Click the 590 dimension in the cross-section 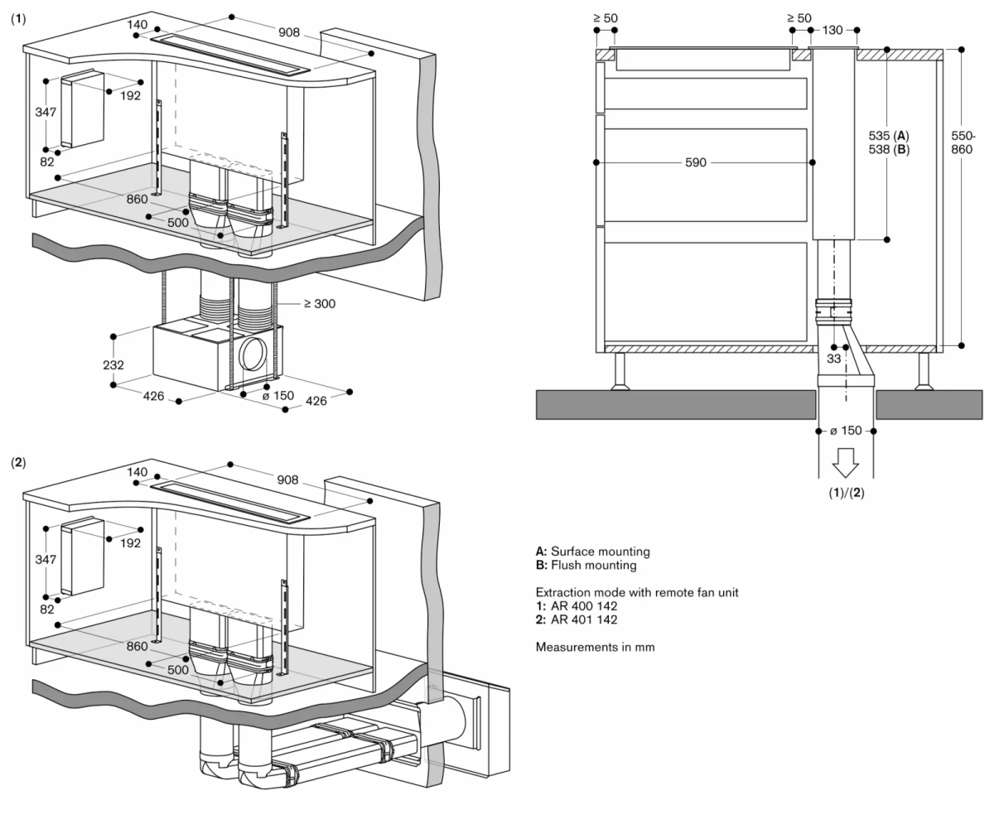click(x=696, y=163)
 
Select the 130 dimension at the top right click(x=832, y=31)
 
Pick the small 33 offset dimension click(x=832, y=359)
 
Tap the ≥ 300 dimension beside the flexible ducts click(x=319, y=304)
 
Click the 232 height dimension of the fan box click(x=113, y=365)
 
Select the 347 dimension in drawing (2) click(x=46, y=560)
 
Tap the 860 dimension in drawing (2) click(x=138, y=646)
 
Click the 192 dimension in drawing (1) click(x=130, y=95)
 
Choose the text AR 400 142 click(x=584, y=606)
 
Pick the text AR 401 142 click(x=584, y=619)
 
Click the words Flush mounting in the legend click(x=594, y=565)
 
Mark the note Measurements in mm click(x=595, y=647)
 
